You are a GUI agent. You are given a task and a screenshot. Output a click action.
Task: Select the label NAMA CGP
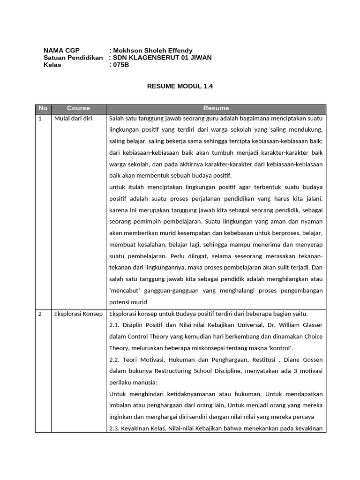click(58, 51)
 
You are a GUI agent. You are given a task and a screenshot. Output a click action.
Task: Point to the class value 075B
click(120, 65)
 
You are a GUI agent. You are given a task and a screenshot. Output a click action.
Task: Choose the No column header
click(43, 108)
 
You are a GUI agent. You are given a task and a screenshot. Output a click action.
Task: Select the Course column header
click(78, 108)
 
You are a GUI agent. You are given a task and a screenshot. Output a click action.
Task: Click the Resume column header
click(216, 108)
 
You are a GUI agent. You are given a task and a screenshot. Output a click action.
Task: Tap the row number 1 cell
click(40, 119)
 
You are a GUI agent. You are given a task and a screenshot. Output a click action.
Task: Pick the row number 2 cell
click(40, 314)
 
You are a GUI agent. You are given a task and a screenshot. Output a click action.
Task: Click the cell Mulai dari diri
click(73, 119)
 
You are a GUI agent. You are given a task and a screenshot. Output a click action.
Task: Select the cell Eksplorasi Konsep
click(78, 314)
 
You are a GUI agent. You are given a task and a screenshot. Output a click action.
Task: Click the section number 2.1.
click(114, 325)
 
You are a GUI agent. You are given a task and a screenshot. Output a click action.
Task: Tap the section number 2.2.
click(114, 360)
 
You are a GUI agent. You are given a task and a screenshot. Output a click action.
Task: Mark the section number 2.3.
click(114, 428)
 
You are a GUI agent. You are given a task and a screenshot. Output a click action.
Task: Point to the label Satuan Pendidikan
click(73, 58)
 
